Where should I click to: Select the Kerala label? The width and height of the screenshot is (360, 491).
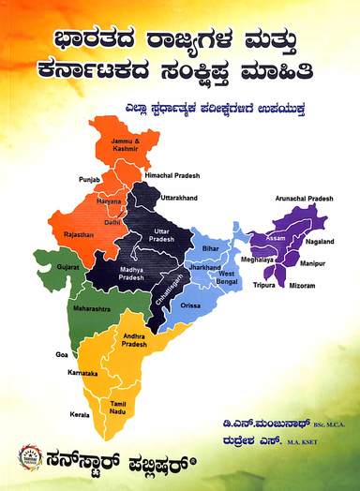click(79, 414)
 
